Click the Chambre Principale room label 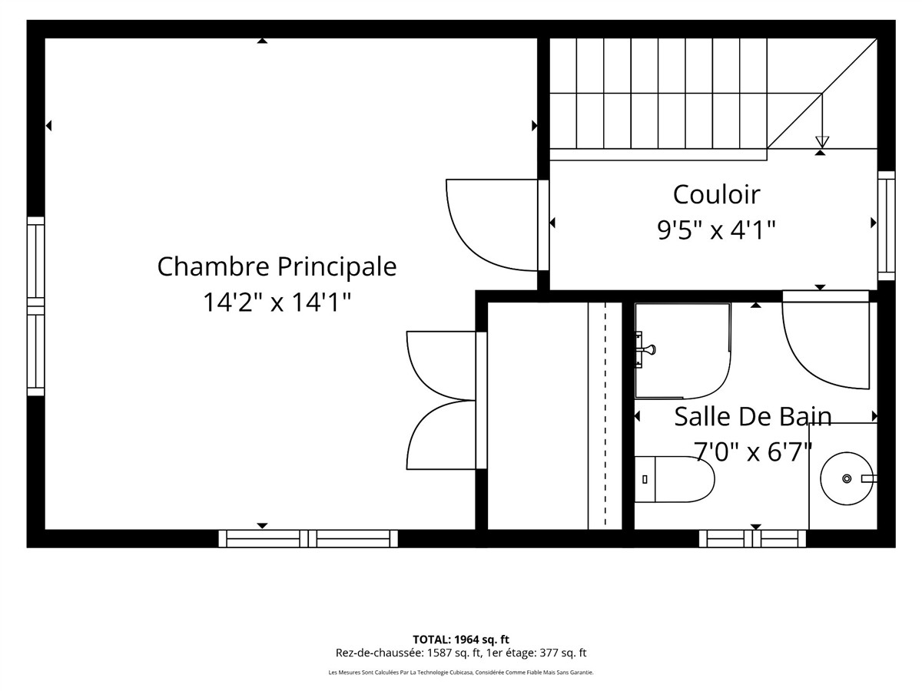pos(277,266)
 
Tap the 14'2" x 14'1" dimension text pos(277,302)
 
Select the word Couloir pos(716,194)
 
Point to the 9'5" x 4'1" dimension pos(716,230)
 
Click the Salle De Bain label pos(753,417)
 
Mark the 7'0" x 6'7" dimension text pos(752,452)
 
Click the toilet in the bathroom pos(674,479)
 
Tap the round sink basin pos(847,478)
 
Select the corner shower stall pos(682,351)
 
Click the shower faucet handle pos(647,349)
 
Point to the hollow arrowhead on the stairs pos(822,142)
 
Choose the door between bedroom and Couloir pos(493,225)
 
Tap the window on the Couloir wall pos(887,225)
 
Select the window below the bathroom pos(752,539)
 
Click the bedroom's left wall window pos(35,306)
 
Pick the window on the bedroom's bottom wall pos(308,539)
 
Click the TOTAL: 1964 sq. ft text pos(461,640)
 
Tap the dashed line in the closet pos(605,416)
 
